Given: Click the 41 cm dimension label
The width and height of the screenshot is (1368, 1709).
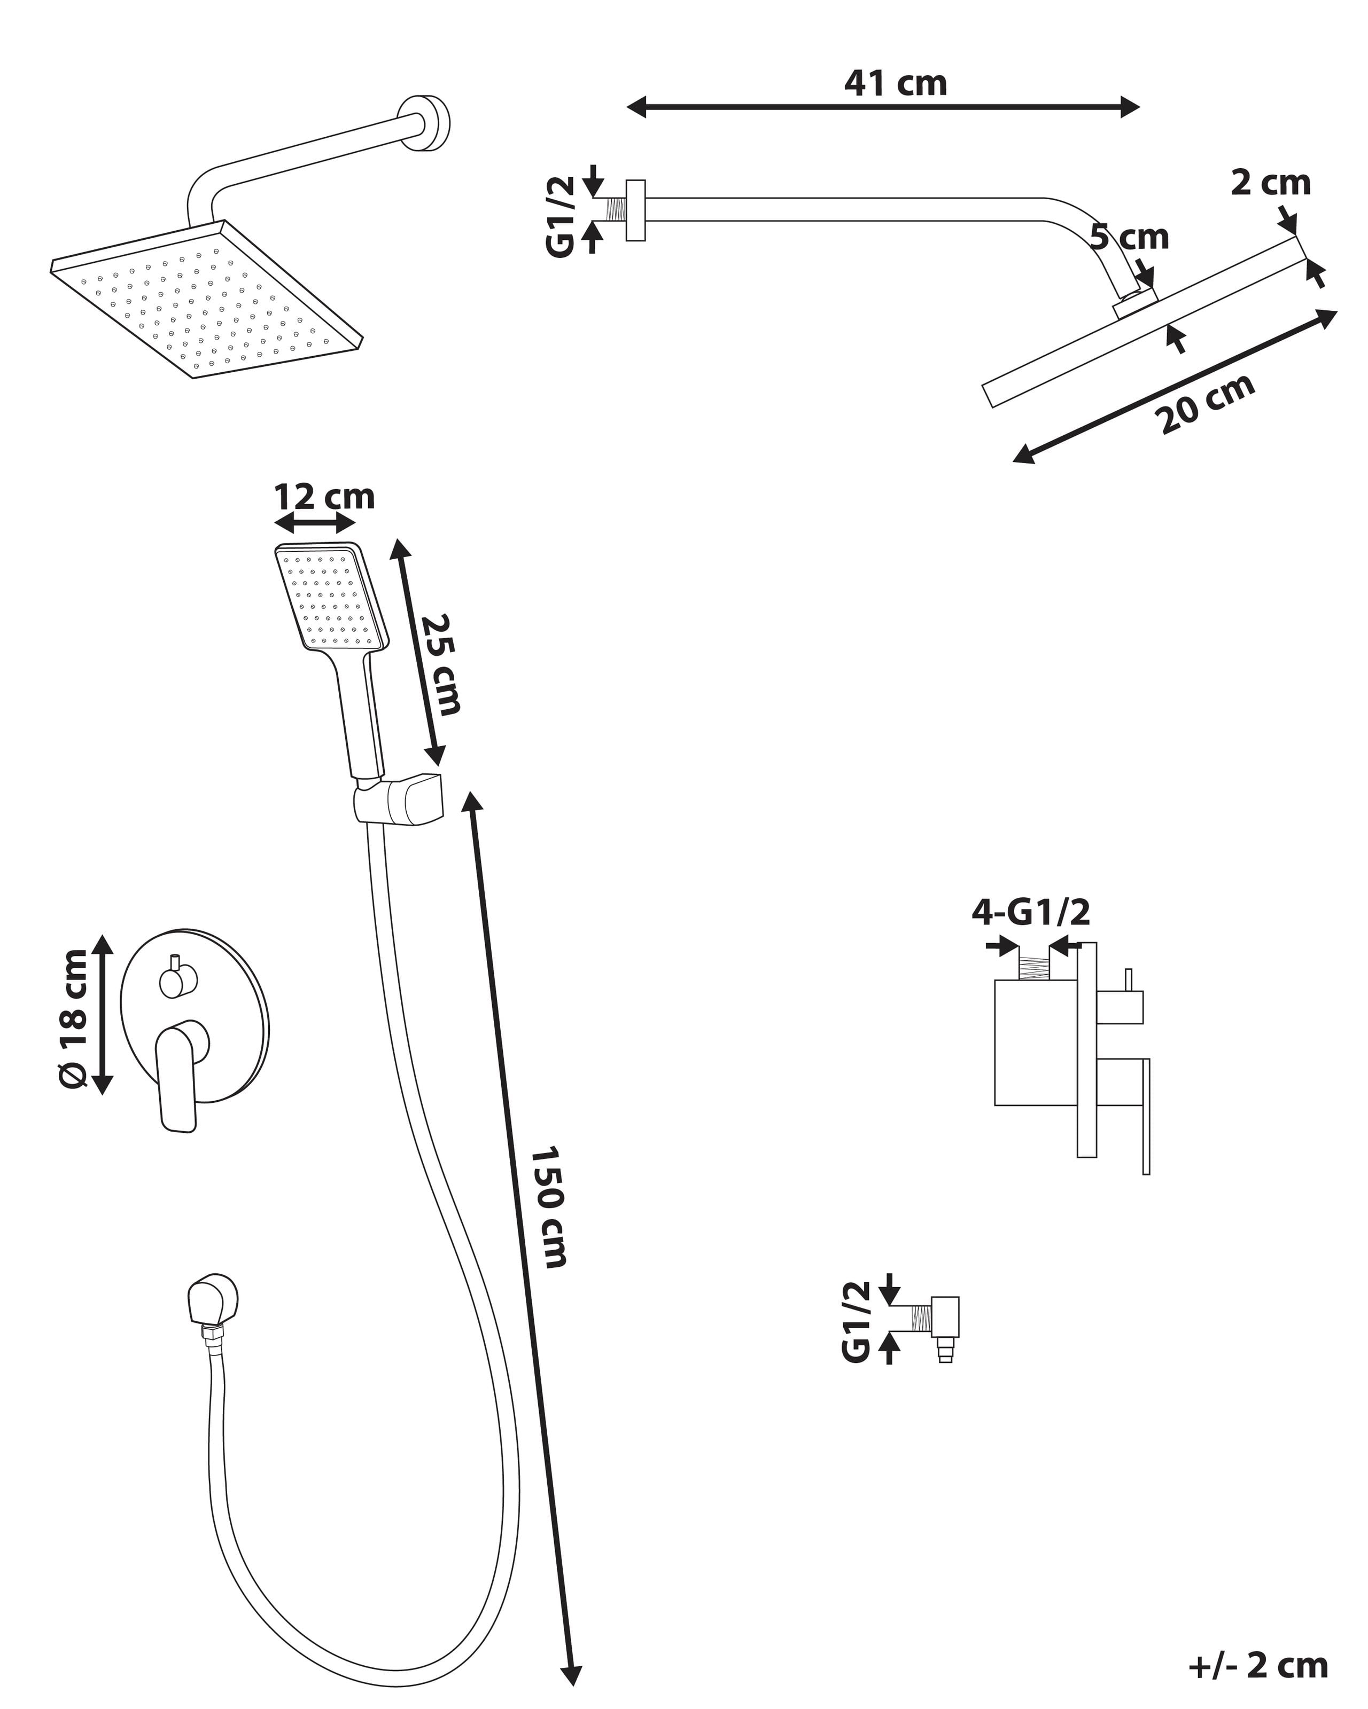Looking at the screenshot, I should pyautogui.click(x=896, y=84).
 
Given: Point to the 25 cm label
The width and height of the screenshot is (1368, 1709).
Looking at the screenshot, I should pyautogui.click(x=440, y=664).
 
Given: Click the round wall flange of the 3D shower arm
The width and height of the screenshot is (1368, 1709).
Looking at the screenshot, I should pyautogui.click(x=424, y=123).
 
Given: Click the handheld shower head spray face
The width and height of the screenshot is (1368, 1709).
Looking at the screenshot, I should pyautogui.click(x=331, y=599).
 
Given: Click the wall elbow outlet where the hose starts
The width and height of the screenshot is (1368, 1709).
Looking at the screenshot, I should pyautogui.click(x=213, y=1299).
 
